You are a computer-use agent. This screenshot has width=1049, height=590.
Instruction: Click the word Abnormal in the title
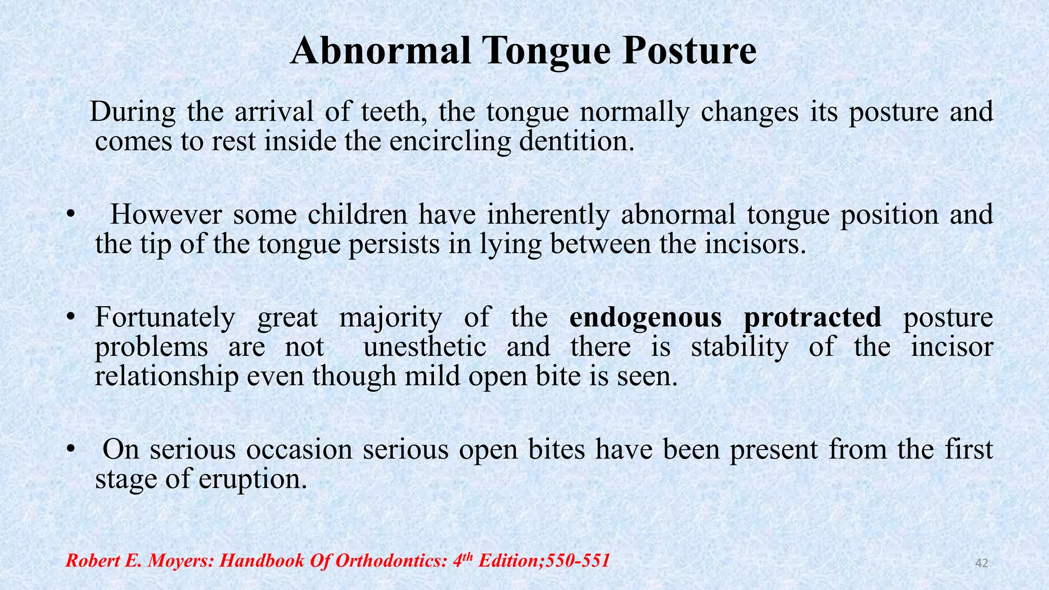click(x=380, y=51)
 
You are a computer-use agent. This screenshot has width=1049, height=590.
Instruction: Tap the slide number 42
click(x=981, y=563)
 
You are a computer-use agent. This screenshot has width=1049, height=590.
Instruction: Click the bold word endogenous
click(x=645, y=318)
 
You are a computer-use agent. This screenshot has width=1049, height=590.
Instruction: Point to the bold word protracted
click(x=812, y=318)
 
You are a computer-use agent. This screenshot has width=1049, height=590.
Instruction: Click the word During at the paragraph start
click(x=133, y=112)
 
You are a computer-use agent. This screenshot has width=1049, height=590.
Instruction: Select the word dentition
click(x=576, y=141)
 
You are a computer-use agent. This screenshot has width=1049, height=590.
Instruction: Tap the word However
click(x=166, y=215)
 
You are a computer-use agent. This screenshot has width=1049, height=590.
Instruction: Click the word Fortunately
click(x=165, y=318)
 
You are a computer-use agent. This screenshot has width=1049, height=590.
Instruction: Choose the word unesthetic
click(x=425, y=347)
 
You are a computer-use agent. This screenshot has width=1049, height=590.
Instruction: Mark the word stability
click(x=740, y=347)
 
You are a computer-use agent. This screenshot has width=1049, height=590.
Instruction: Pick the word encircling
click(x=450, y=141)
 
